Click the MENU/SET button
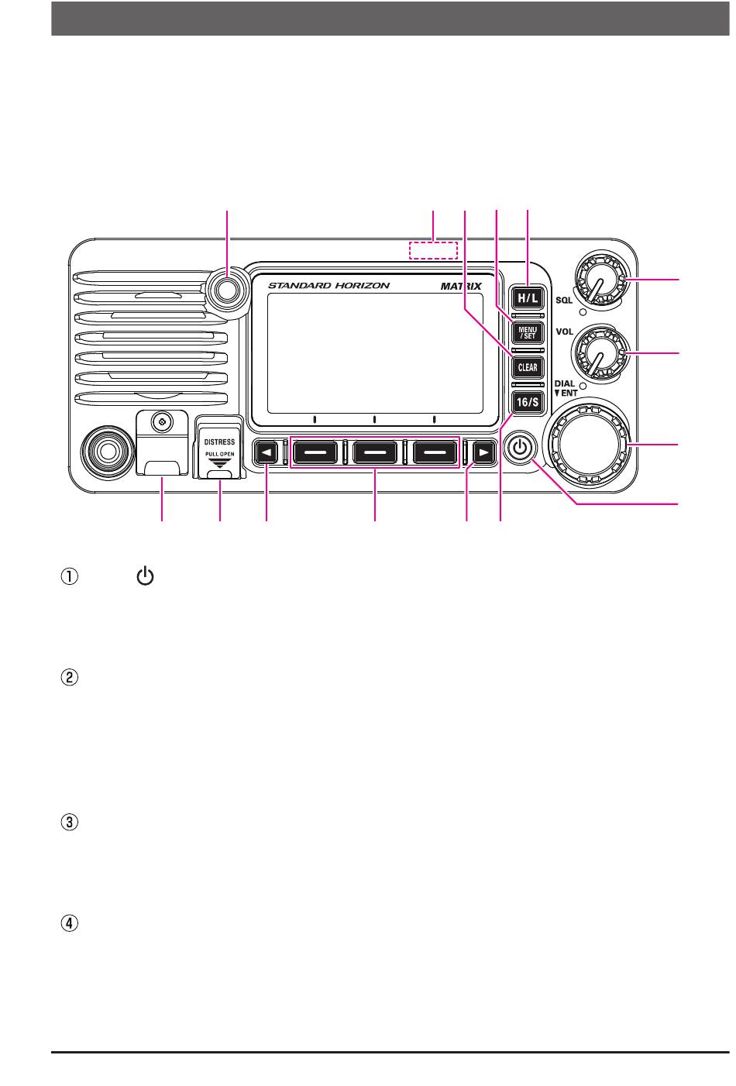point(527,332)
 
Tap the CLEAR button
point(527,367)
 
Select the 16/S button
point(527,402)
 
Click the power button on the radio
point(519,448)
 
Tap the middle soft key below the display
point(374,452)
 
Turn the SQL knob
point(600,280)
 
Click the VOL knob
point(600,353)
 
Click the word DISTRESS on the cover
point(219,442)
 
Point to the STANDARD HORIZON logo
point(328,286)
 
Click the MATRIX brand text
point(461,286)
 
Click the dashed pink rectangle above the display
point(433,249)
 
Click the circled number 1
point(69,577)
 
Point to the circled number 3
point(69,823)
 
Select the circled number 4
point(69,923)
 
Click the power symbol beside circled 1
point(145,576)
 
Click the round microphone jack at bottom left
point(107,452)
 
